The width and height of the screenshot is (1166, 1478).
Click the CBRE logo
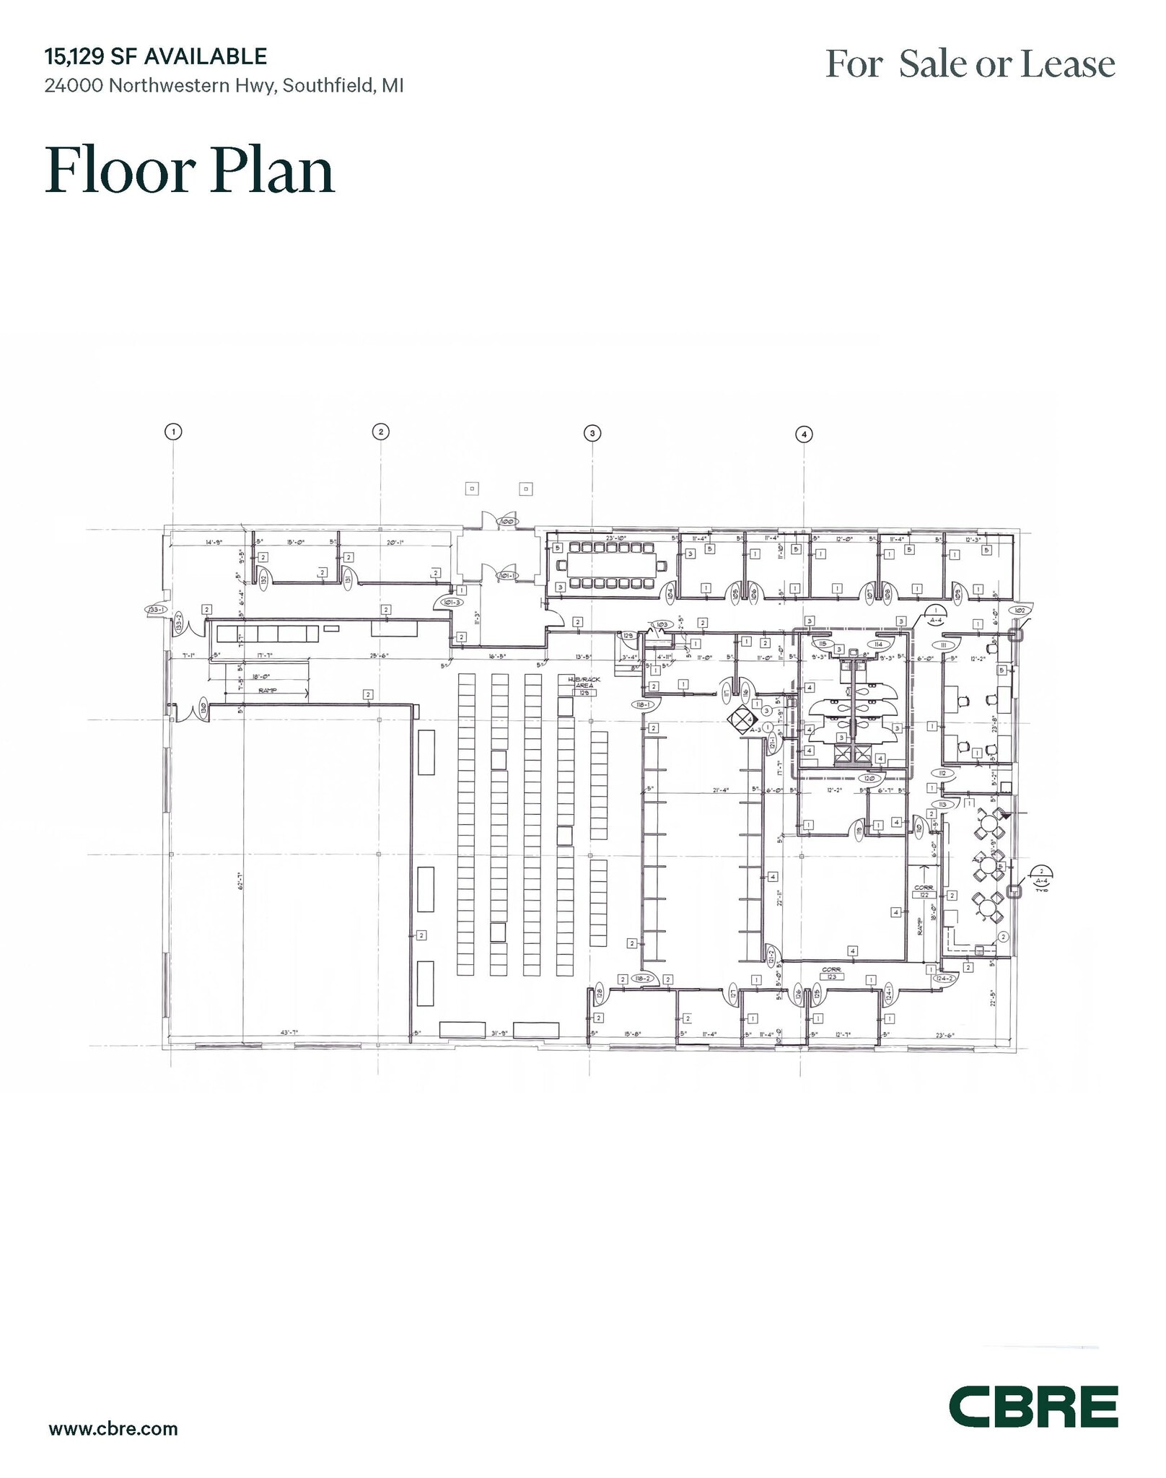pyautogui.click(x=1033, y=1406)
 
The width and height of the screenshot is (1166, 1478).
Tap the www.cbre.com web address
pyautogui.click(x=113, y=1428)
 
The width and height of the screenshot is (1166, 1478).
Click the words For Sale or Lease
pyautogui.click(x=970, y=64)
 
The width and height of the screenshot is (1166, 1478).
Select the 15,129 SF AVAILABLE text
pyautogui.click(x=156, y=56)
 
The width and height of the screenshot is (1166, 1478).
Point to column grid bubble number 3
pyautogui.click(x=592, y=433)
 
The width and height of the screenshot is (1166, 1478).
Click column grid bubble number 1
pyautogui.click(x=172, y=432)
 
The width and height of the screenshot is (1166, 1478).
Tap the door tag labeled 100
pyautogui.click(x=507, y=520)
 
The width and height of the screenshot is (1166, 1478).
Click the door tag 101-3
pyautogui.click(x=452, y=601)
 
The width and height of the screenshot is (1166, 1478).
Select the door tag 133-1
pyautogui.click(x=157, y=610)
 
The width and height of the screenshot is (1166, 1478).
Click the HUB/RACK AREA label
pyautogui.click(x=584, y=683)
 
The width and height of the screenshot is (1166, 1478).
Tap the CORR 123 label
pyautogui.click(x=831, y=974)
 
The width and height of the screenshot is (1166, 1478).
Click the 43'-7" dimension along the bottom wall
pyautogui.click(x=289, y=1033)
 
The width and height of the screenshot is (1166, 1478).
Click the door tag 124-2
pyautogui.click(x=943, y=979)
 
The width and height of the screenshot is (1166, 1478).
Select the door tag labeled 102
pyautogui.click(x=1020, y=611)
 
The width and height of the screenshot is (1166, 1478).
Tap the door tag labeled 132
pyautogui.click(x=264, y=579)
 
